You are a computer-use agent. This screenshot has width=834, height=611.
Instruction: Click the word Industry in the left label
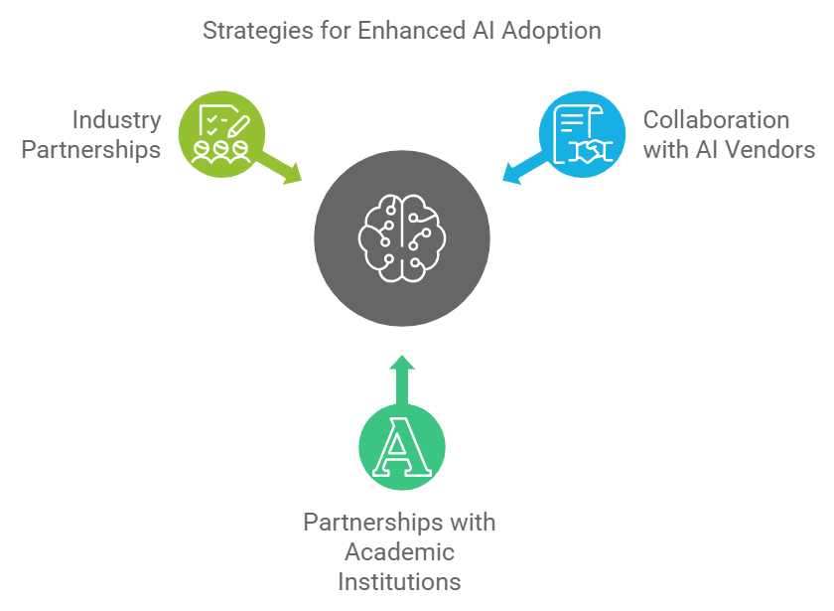click(116, 121)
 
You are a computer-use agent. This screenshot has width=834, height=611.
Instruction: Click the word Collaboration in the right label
click(717, 121)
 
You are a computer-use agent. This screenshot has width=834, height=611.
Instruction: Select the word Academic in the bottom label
click(399, 551)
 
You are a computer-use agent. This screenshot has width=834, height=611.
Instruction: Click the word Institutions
click(399, 580)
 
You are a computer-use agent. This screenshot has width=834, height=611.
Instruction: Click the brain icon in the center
click(402, 236)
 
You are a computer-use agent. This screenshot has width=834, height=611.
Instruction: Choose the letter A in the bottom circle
click(401, 450)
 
